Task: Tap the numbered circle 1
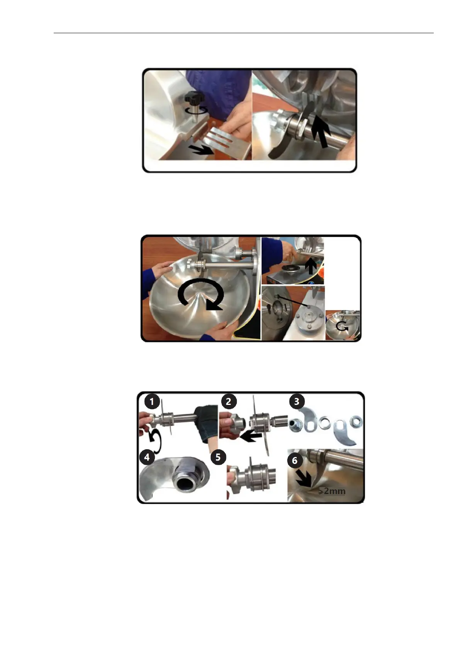[151, 401]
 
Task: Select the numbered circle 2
[229, 401]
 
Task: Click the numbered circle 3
[297, 401]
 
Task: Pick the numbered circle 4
[147, 457]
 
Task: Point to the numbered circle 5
[218, 457]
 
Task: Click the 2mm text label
[332, 491]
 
